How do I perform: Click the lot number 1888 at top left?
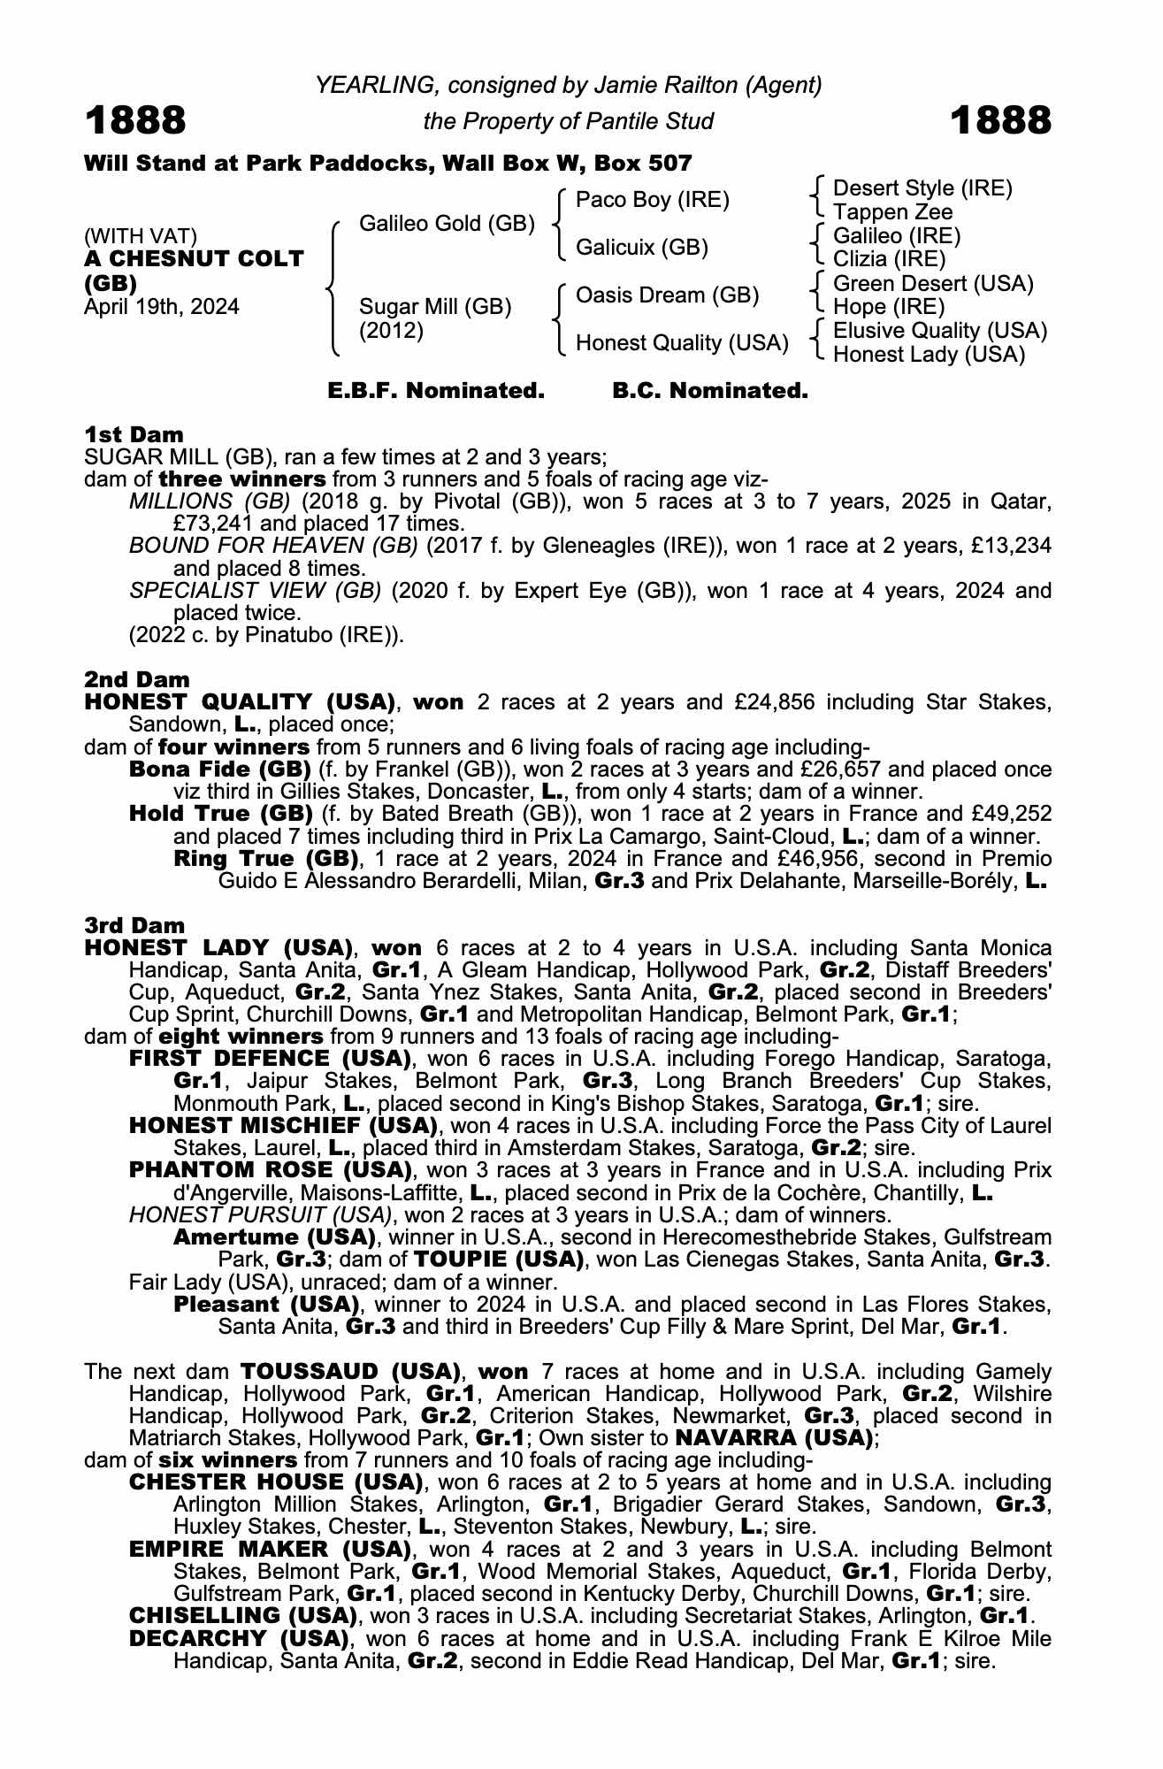[135, 120]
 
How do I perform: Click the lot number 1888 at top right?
[1001, 120]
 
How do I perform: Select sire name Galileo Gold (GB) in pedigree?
[447, 223]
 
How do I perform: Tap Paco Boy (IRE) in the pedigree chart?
[652, 200]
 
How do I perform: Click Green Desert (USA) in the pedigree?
[933, 284]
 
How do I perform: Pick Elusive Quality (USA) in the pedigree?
[940, 331]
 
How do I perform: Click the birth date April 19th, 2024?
[161, 307]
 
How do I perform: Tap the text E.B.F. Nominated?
[435, 391]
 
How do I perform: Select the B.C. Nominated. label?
[710, 391]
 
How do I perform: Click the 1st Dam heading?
[134, 434]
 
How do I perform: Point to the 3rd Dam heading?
[134, 925]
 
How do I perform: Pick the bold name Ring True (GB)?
[265, 859]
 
